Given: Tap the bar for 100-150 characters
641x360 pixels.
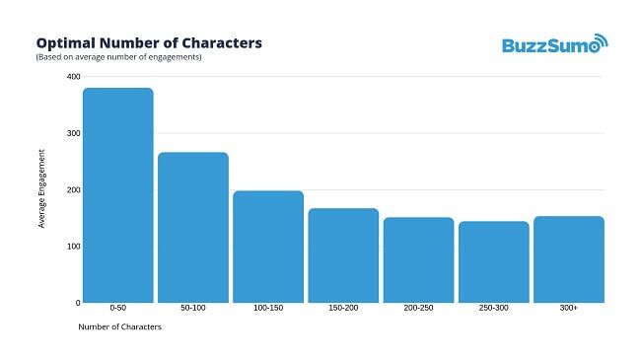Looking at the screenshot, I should pos(268,247).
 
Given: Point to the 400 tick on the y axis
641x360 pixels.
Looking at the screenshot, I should pos(73,76).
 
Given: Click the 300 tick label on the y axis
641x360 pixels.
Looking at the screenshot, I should pos(73,133).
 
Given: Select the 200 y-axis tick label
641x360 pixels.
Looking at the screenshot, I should pos(73,189).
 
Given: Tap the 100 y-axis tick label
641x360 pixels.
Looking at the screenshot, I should pos(73,246).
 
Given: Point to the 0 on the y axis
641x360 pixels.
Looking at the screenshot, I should pos(77,302).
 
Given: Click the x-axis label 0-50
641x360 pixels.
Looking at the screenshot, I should pos(118,309).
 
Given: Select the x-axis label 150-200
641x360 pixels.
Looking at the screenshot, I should pos(343,309).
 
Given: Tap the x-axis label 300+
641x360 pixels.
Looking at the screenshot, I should pos(568,309).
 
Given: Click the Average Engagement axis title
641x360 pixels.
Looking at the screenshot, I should pos(41,188).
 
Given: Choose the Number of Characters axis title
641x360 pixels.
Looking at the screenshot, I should pos(119,327).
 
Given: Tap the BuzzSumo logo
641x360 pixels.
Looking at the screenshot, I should pos(555,44).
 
